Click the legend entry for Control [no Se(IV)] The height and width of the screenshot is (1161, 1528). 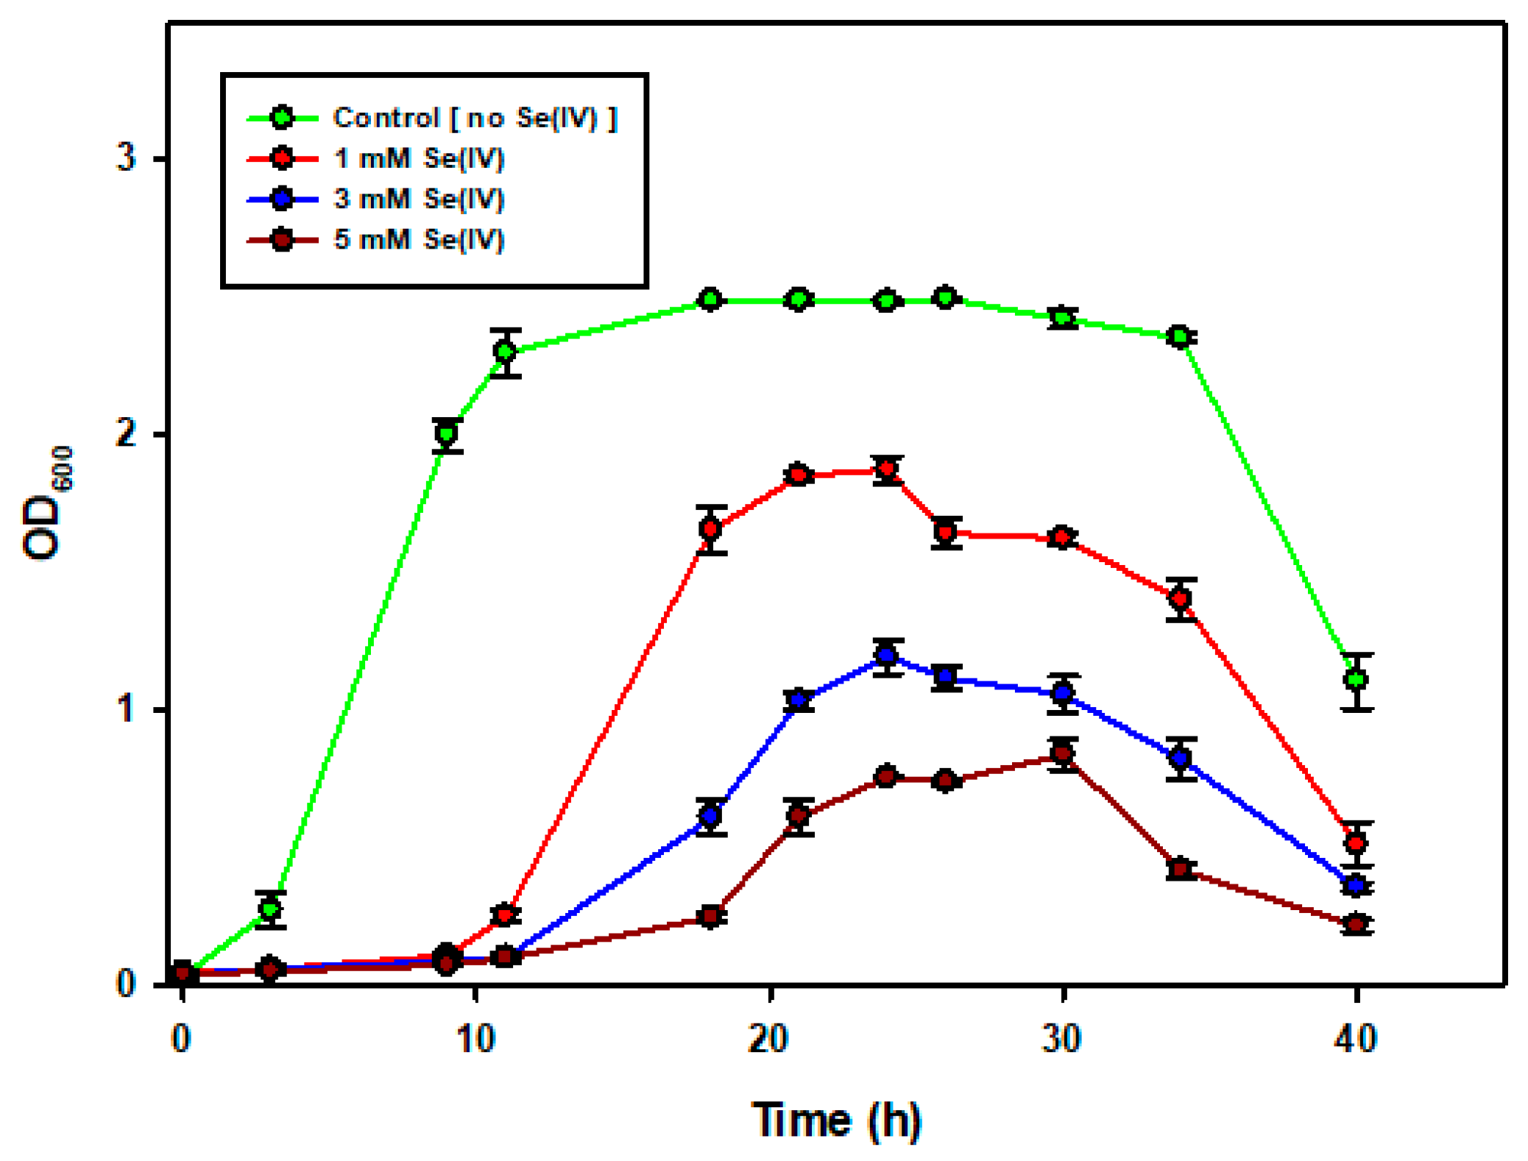coord(474,118)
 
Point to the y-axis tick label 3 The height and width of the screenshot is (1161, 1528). coord(127,157)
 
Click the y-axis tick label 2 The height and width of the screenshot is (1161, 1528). coord(127,433)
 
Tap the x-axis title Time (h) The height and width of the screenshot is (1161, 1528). coord(836,1120)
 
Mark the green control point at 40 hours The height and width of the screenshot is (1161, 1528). coord(1356,679)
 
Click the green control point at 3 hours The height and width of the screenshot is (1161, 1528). coord(270,909)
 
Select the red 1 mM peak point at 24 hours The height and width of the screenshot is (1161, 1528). coord(887,469)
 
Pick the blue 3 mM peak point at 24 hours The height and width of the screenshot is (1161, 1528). coord(887,655)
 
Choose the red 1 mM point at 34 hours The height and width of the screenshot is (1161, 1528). coord(1180,598)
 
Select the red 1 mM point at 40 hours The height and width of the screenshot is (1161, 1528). coord(1356,842)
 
